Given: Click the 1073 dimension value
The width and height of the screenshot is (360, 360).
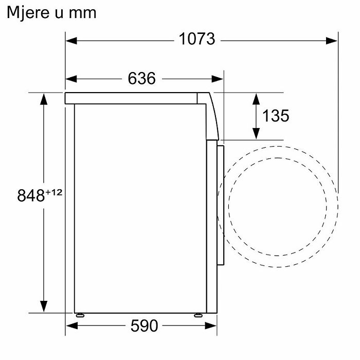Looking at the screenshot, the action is (197, 39).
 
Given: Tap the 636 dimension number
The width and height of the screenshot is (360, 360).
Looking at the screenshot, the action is (141, 78).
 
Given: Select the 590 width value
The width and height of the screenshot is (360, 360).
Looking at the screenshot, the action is (144, 326).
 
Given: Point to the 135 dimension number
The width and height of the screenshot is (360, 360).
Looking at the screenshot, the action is (276, 116).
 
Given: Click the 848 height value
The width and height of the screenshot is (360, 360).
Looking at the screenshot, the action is (31, 195).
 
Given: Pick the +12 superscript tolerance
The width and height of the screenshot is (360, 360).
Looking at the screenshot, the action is (53, 192).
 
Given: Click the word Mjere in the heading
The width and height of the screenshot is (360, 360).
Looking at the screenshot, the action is (28, 13).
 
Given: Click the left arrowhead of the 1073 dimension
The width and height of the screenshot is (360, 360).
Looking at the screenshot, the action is (71, 41).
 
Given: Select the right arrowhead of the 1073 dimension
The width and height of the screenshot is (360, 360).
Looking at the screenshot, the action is (332, 41).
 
